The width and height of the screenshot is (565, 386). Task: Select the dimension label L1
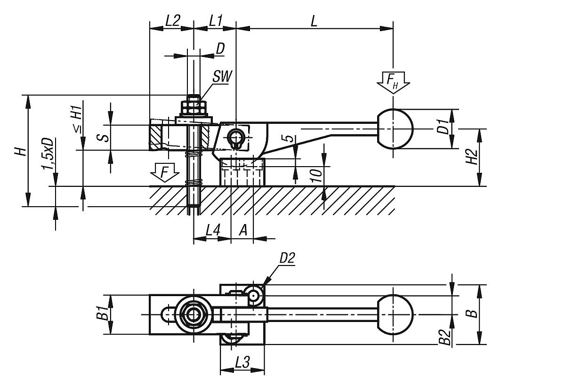216,20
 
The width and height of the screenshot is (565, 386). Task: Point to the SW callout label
221,77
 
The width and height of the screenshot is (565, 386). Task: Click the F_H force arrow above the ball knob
393,83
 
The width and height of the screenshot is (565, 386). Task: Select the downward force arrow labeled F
163,173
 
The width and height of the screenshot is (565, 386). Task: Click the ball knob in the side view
395,129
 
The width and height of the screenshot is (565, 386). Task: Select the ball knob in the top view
395,314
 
